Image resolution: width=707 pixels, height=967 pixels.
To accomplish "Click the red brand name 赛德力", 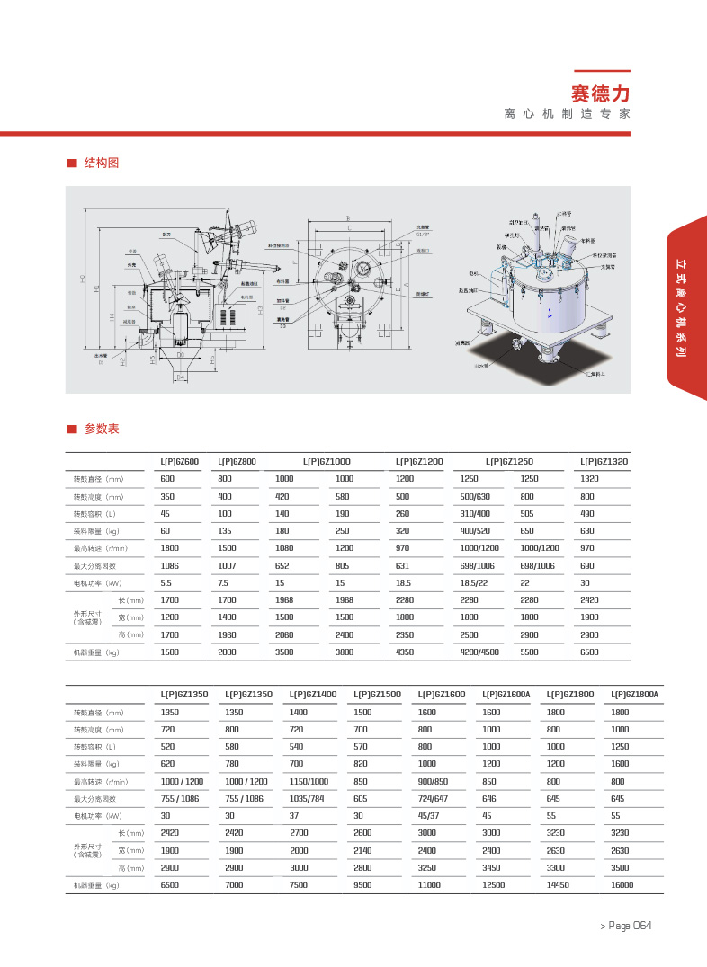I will click(601, 93).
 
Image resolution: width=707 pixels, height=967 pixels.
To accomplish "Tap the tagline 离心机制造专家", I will click(567, 114).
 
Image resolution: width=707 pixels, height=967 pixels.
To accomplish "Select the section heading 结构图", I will click(102, 164).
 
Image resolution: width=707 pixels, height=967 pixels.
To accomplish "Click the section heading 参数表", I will click(102, 429).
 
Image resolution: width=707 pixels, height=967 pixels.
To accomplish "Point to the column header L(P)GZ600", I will click(179, 461).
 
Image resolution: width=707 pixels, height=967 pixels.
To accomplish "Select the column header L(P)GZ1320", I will click(604, 461).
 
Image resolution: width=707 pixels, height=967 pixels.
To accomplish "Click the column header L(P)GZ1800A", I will click(634, 695).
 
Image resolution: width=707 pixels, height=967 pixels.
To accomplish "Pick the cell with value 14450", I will click(560, 885).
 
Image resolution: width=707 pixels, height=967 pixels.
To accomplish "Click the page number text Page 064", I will click(629, 926).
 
